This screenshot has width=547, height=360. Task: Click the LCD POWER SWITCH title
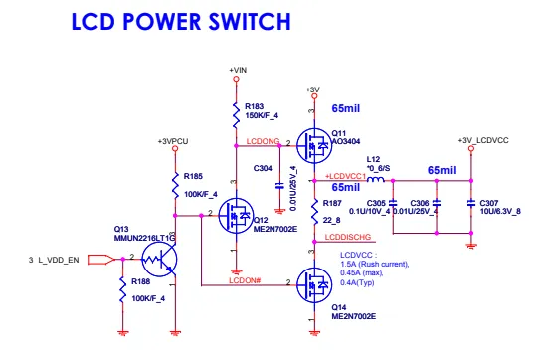[180, 20]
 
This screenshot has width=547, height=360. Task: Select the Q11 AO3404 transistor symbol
[316, 147]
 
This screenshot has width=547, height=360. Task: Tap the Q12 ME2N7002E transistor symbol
[239, 213]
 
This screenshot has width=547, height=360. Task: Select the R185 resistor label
[191, 179]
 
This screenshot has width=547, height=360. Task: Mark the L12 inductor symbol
[375, 181]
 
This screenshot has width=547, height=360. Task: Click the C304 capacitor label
[264, 169]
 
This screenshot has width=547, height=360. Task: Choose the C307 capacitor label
[491, 203]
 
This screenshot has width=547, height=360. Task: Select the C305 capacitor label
[375, 203]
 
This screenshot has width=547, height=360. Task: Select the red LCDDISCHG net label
[348, 238]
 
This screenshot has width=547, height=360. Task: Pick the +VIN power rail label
[237, 69]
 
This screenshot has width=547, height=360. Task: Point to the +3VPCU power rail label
[173, 142]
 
